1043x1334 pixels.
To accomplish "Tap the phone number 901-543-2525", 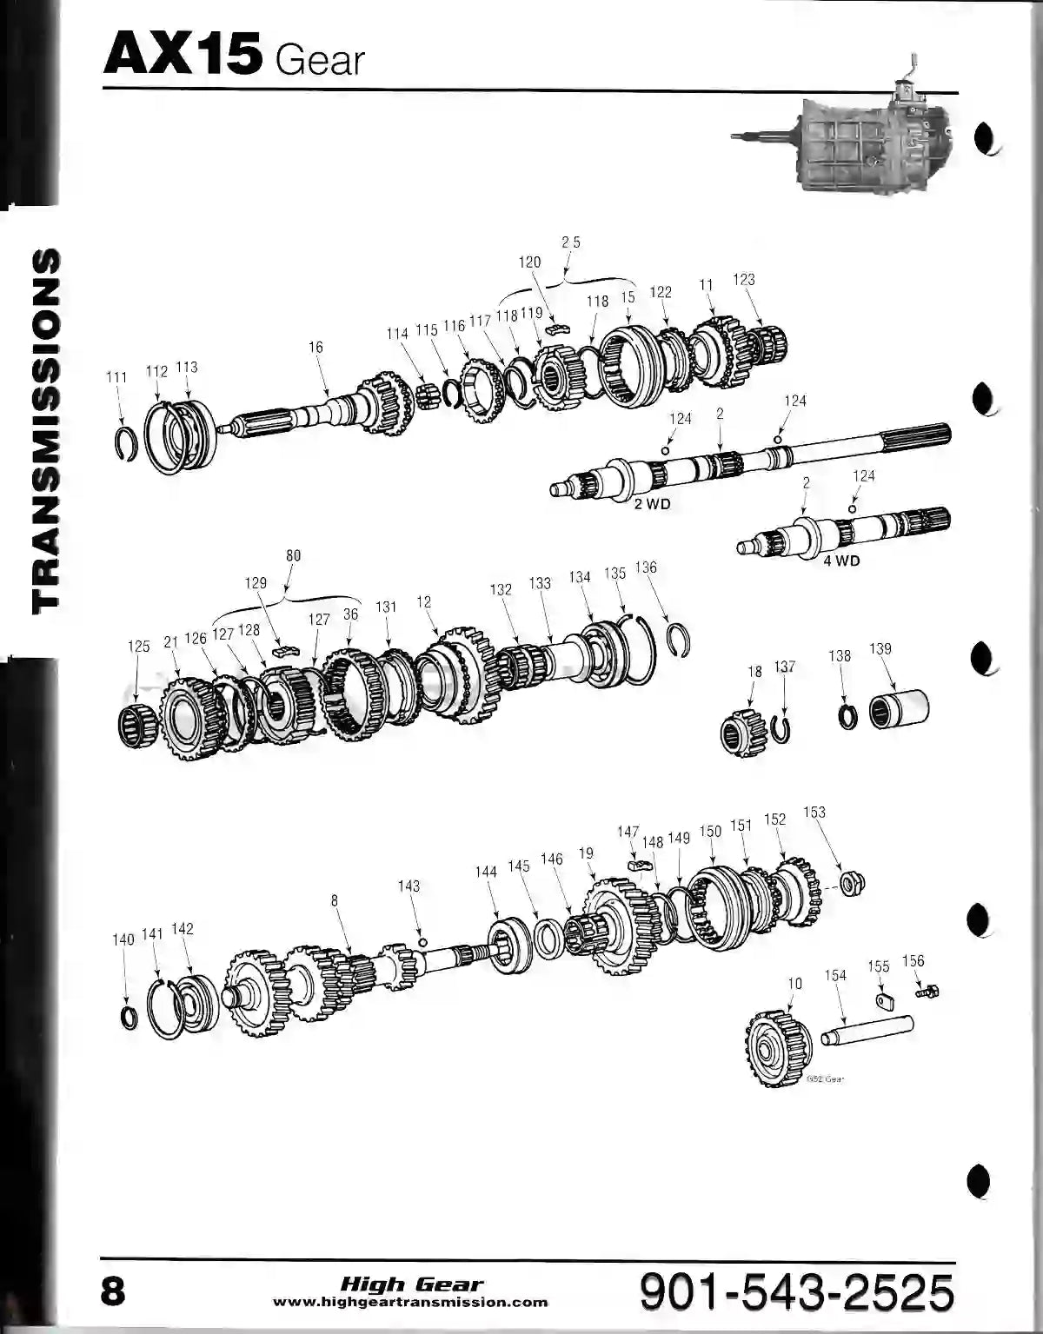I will click(796, 1292).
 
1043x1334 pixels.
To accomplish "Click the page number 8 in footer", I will click(113, 1292).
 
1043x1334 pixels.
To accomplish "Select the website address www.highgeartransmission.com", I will click(410, 1303).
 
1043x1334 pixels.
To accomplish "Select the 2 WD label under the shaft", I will click(651, 505).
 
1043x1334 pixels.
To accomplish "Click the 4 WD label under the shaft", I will click(840, 561).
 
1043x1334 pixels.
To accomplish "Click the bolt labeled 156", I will click(928, 990).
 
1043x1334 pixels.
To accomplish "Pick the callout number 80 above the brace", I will click(293, 556).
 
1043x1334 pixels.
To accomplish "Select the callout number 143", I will click(409, 886).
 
